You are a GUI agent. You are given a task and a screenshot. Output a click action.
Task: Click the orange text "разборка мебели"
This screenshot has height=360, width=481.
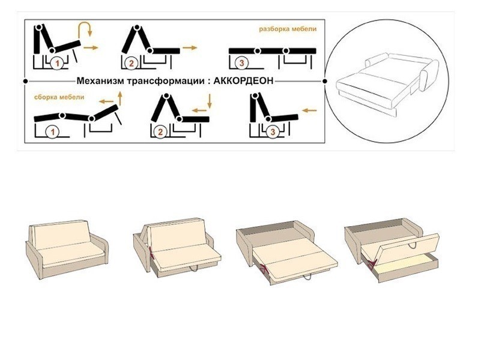coord(288,29)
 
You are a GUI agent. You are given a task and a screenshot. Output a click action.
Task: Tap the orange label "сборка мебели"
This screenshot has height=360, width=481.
coord(59,97)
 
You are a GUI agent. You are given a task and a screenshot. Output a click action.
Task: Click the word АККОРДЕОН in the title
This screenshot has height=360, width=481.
coord(243,81)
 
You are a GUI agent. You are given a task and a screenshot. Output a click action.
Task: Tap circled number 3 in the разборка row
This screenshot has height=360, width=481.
coord(242,63)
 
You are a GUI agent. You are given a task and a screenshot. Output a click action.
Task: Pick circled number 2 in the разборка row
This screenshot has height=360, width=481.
coord(132,64)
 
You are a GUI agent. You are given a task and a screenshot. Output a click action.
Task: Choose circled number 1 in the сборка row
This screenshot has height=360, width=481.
coord(52,132)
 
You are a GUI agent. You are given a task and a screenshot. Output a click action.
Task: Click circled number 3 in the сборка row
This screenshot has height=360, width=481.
coord(273,132)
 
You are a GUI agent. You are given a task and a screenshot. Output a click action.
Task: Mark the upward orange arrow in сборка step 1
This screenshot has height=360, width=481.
coord(120,98)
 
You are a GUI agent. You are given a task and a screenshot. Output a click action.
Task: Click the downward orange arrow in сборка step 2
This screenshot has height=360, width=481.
coord(210,101)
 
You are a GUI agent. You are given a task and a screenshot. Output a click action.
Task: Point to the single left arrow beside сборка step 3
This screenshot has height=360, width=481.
coord(309,110)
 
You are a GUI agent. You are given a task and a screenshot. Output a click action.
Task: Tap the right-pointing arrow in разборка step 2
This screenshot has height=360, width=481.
coord(190,47)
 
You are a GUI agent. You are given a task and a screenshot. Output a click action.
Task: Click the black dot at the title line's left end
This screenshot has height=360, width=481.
coord(25,81)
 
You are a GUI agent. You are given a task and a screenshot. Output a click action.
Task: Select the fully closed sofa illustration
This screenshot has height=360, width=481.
coord(67,249)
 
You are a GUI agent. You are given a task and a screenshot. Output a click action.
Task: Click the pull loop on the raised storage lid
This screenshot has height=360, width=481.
coord(412,245)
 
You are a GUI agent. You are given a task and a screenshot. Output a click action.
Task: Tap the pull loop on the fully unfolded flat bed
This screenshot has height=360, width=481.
coord(307,277)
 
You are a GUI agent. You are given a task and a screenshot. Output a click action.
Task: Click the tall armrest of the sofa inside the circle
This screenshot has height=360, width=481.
coord(429,74)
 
